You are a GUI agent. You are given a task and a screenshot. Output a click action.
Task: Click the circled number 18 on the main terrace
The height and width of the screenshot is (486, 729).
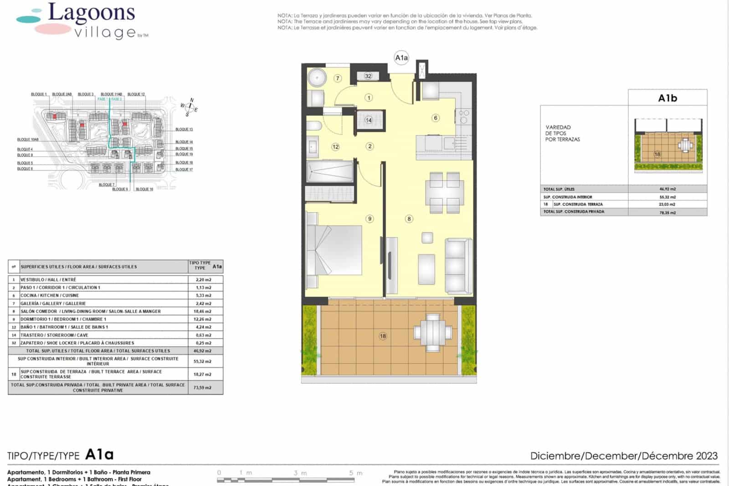(x=383, y=336)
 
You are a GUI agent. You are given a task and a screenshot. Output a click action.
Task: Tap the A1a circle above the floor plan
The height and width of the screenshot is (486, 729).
(x=401, y=57)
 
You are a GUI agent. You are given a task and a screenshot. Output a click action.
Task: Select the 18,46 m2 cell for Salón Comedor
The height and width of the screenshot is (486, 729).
(x=202, y=311)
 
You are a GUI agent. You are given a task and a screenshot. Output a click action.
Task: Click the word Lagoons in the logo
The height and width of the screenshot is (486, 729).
(x=92, y=13)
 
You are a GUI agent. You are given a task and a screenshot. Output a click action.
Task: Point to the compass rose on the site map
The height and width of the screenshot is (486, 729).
(x=190, y=108)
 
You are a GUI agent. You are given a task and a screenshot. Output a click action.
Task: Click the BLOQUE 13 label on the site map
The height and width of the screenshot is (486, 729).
(x=184, y=129)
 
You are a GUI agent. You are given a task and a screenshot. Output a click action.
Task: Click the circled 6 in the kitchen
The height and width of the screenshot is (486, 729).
(x=436, y=118)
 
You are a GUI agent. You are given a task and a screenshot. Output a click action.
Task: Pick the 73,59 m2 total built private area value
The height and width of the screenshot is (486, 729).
(x=202, y=388)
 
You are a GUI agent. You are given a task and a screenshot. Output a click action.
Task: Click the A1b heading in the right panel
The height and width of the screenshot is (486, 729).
(x=667, y=98)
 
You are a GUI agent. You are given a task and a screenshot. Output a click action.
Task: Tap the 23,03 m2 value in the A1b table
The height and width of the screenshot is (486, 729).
(x=667, y=205)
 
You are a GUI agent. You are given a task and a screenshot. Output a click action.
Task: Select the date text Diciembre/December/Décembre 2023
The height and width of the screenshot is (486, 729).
(x=624, y=455)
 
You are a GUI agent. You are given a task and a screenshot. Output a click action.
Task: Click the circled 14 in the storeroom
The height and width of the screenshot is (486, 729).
(x=369, y=120)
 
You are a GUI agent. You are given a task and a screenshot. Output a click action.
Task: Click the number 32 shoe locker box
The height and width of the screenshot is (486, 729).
(x=368, y=76)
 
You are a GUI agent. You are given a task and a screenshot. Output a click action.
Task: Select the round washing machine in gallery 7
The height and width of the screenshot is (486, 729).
(x=316, y=78)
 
